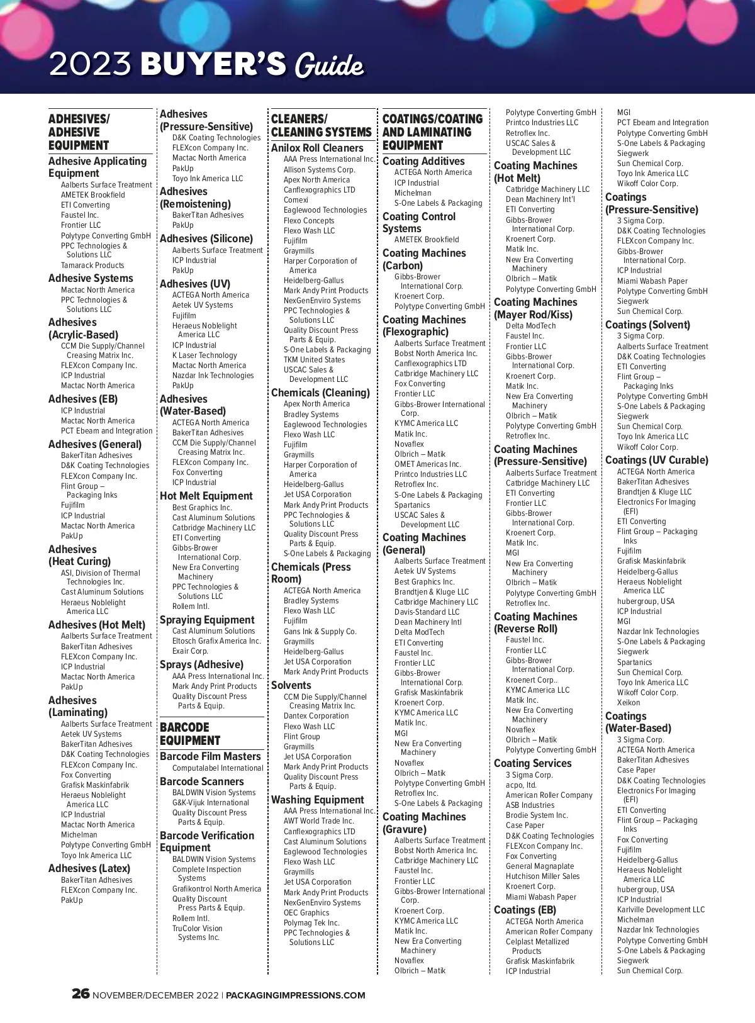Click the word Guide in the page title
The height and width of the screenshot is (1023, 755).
[x=328, y=65]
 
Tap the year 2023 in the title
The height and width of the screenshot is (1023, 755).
[x=91, y=64]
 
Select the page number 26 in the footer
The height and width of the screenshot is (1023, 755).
[x=81, y=994]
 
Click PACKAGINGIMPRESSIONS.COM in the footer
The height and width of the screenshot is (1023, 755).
[x=295, y=995]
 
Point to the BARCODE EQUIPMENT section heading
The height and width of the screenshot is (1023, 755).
[x=190, y=734]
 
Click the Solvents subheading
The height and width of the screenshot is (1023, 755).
[x=291, y=685]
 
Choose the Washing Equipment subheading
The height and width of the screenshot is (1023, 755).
[x=318, y=800]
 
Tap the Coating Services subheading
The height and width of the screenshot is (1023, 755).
[x=533, y=763]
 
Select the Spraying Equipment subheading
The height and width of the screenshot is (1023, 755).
[x=207, y=620]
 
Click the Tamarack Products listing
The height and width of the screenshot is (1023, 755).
[x=92, y=266]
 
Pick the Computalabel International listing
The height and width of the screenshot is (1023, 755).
[x=218, y=768]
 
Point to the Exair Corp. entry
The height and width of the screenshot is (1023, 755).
[x=190, y=651]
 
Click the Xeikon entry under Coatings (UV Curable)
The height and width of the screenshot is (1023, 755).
[x=629, y=703]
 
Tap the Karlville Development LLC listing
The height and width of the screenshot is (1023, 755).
[x=661, y=910]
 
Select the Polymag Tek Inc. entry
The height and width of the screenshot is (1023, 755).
[x=311, y=923]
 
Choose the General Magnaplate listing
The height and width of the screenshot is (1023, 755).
[x=540, y=866]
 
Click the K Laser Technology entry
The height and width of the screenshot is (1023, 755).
[x=204, y=355]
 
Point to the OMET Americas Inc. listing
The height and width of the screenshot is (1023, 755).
[x=427, y=464]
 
